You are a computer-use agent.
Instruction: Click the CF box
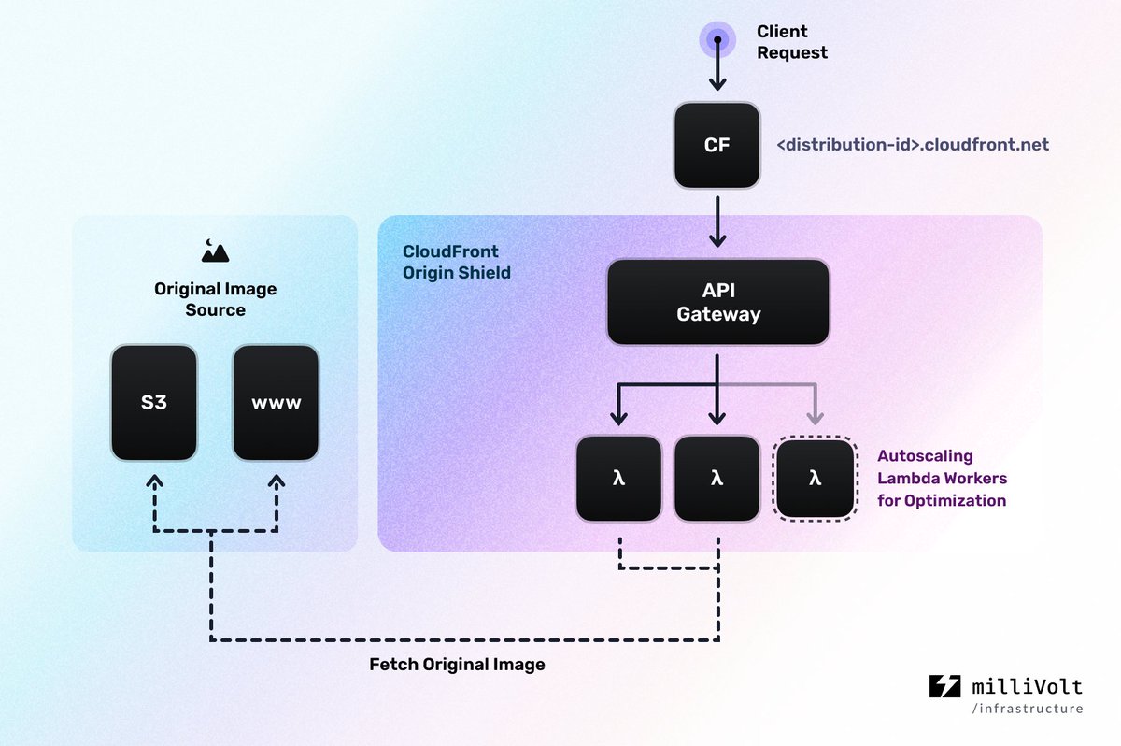point(717,145)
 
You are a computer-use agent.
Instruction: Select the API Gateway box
point(717,303)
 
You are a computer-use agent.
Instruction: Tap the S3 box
point(154,403)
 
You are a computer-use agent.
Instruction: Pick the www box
point(276,403)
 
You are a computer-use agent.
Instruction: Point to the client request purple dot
point(717,39)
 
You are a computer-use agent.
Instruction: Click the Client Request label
point(791,42)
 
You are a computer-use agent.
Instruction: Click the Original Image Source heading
point(215,299)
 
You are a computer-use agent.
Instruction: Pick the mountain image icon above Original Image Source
point(215,250)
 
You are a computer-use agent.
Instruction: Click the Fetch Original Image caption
point(457,665)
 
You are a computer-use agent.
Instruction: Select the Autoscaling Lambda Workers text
point(942,478)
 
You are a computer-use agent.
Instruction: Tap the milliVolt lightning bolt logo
point(944,686)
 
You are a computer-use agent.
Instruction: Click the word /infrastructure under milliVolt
point(1028,709)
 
